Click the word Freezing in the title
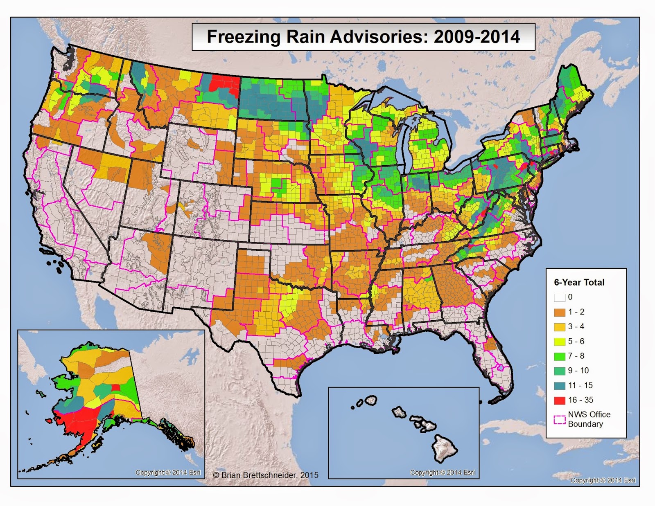point(244,37)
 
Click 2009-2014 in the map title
point(477,37)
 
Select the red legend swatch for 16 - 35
point(560,400)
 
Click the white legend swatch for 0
point(560,297)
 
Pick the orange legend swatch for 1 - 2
point(560,312)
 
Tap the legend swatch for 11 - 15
point(560,386)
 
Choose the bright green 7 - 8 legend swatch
point(560,356)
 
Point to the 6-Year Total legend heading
point(579,282)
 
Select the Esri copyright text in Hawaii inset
point(443,472)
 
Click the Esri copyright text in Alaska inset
point(168,472)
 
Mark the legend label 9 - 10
point(578,371)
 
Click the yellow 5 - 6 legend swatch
point(560,342)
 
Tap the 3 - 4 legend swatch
point(560,327)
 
